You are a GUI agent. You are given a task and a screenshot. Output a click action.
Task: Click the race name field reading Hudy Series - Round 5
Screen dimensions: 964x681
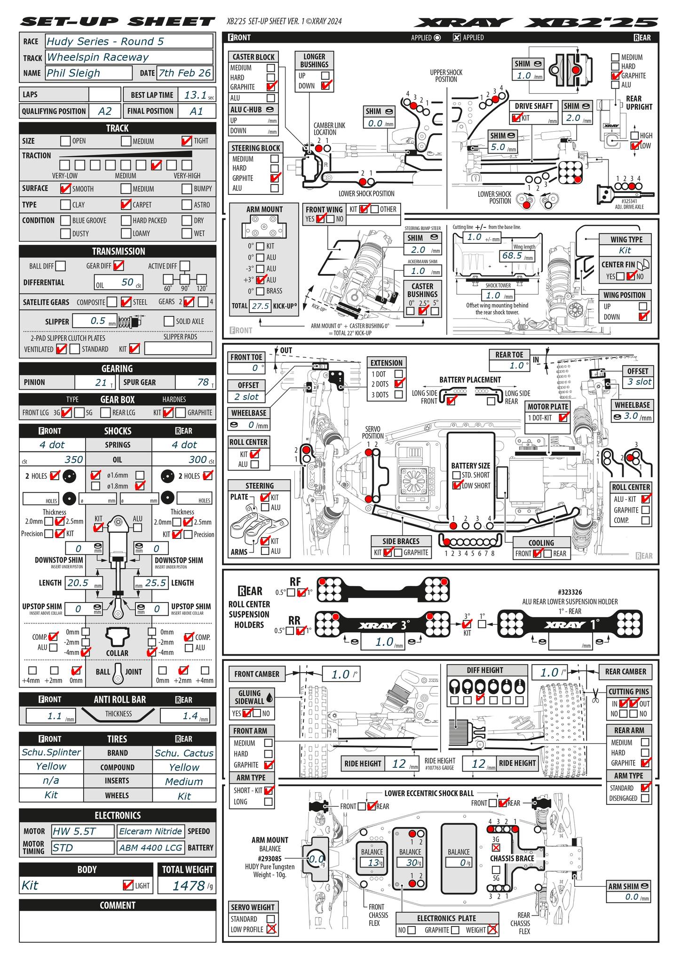coord(129,41)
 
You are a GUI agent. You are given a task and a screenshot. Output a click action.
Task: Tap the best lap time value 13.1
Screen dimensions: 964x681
coord(196,95)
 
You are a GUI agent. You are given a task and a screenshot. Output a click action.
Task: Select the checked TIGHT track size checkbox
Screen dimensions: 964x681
coord(186,141)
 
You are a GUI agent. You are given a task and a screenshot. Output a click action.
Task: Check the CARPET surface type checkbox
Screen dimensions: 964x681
coord(126,205)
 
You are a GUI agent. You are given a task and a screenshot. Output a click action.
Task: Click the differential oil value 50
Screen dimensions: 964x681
coord(127,282)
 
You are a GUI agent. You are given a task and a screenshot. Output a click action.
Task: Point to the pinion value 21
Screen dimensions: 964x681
coord(101,382)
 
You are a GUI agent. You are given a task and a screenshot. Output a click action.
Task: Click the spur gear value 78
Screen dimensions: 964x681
coord(203,382)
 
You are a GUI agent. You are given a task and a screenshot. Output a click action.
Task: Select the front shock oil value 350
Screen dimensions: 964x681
coord(73,459)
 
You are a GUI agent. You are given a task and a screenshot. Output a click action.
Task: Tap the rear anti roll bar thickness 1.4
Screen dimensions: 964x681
coord(190,716)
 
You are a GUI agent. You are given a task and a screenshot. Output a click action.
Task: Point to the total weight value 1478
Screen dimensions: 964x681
coord(188,886)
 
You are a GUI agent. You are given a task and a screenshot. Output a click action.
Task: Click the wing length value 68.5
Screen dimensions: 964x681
coord(512,256)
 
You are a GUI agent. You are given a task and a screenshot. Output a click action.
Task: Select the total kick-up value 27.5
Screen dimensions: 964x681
coord(260,306)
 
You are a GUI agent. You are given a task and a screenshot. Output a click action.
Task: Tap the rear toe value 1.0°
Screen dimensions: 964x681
coord(516,366)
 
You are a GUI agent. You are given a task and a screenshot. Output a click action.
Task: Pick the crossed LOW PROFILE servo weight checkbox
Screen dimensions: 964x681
coord(271,929)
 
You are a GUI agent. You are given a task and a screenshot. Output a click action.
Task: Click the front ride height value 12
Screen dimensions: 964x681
coord(399,763)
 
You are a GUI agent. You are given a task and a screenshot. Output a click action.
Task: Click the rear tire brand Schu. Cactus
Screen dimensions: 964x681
coord(184,753)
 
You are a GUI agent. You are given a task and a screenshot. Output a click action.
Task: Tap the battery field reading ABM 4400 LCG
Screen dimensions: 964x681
coord(150,848)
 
